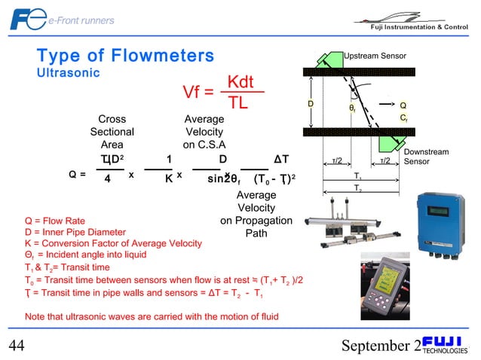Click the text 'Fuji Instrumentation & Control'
point(418,28)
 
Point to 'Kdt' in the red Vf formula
point(244,81)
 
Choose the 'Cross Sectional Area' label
point(112,132)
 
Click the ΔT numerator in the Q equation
point(282,159)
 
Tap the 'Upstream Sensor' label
point(375,56)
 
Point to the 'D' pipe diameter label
point(310,102)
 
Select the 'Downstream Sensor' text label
point(426,157)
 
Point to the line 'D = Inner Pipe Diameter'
point(75,232)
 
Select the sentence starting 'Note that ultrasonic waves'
point(152,316)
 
